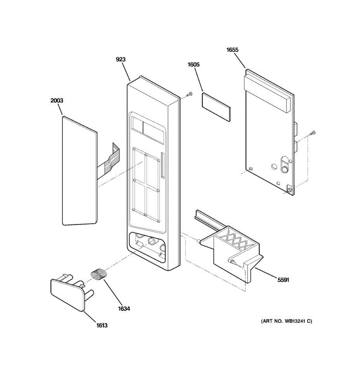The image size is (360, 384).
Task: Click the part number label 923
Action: (121, 59)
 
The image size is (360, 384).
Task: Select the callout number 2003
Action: (57, 100)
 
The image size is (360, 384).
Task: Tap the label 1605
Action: (193, 65)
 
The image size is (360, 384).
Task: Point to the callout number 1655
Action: (232, 50)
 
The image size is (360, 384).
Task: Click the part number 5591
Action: (283, 280)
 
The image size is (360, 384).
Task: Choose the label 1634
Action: (124, 309)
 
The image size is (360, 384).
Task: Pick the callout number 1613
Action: (102, 325)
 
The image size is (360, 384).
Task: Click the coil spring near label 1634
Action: (98, 274)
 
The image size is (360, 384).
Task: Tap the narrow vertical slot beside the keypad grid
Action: (163, 165)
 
